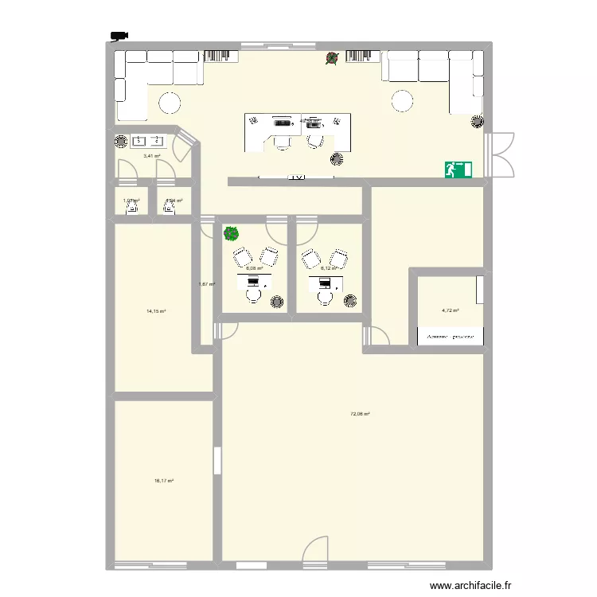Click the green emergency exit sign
[x=459, y=169]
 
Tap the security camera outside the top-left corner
[x=120, y=35]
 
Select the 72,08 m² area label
[x=360, y=414]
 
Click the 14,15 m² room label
[x=155, y=311]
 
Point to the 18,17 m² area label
[x=163, y=481]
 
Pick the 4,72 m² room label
[x=451, y=311]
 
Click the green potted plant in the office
[x=231, y=233]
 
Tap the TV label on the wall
[x=298, y=177]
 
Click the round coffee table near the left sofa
[x=170, y=102]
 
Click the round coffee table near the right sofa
[x=401, y=101]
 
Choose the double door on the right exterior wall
[x=503, y=154]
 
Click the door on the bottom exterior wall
[x=316, y=551]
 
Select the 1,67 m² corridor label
[x=206, y=284]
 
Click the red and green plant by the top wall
[x=332, y=58]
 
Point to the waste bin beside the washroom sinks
[x=120, y=142]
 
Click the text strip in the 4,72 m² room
[x=451, y=337]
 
